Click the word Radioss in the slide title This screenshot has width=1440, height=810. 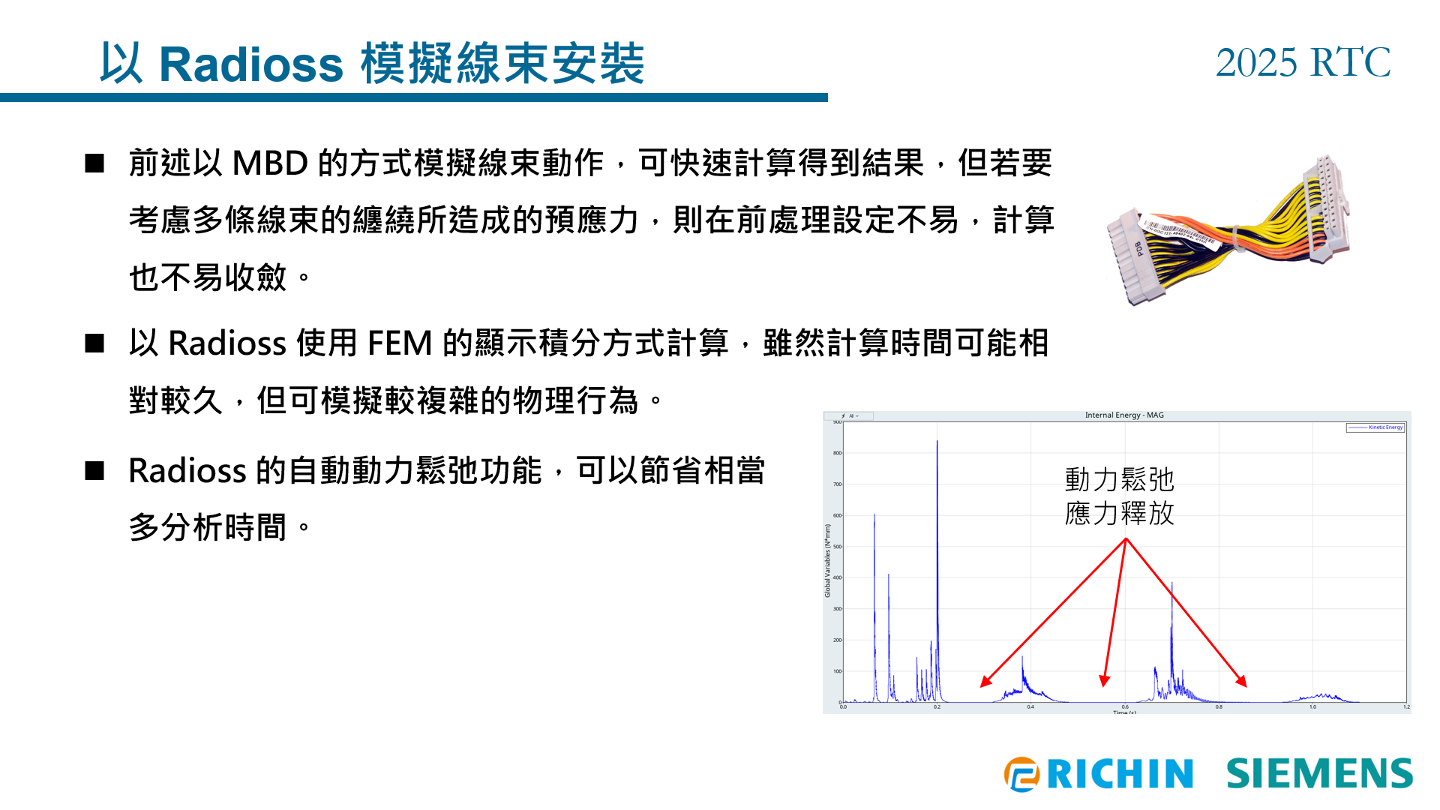point(250,64)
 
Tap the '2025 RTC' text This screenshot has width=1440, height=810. point(1303,62)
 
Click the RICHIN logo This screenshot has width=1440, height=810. point(1099,774)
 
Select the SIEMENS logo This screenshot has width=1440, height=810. point(1319,774)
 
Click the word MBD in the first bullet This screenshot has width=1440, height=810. point(270,163)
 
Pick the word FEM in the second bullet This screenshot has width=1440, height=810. point(399,343)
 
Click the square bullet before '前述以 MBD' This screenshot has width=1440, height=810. point(94,163)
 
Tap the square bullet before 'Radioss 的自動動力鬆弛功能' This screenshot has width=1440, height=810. point(94,471)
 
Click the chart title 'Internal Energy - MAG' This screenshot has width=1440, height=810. point(1123,415)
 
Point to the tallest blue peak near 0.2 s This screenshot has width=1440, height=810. point(937,442)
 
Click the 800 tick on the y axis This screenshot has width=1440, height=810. point(837,453)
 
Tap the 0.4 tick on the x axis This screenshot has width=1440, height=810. point(1030,706)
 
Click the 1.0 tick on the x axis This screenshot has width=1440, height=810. point(1312,706)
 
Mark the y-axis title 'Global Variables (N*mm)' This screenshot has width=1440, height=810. point(828,560)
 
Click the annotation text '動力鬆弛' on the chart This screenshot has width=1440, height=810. point(1119,479)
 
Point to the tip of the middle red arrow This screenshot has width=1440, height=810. point(1103,685)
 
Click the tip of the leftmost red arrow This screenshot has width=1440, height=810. point(982,686)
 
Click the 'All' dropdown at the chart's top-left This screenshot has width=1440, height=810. point(851,415)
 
